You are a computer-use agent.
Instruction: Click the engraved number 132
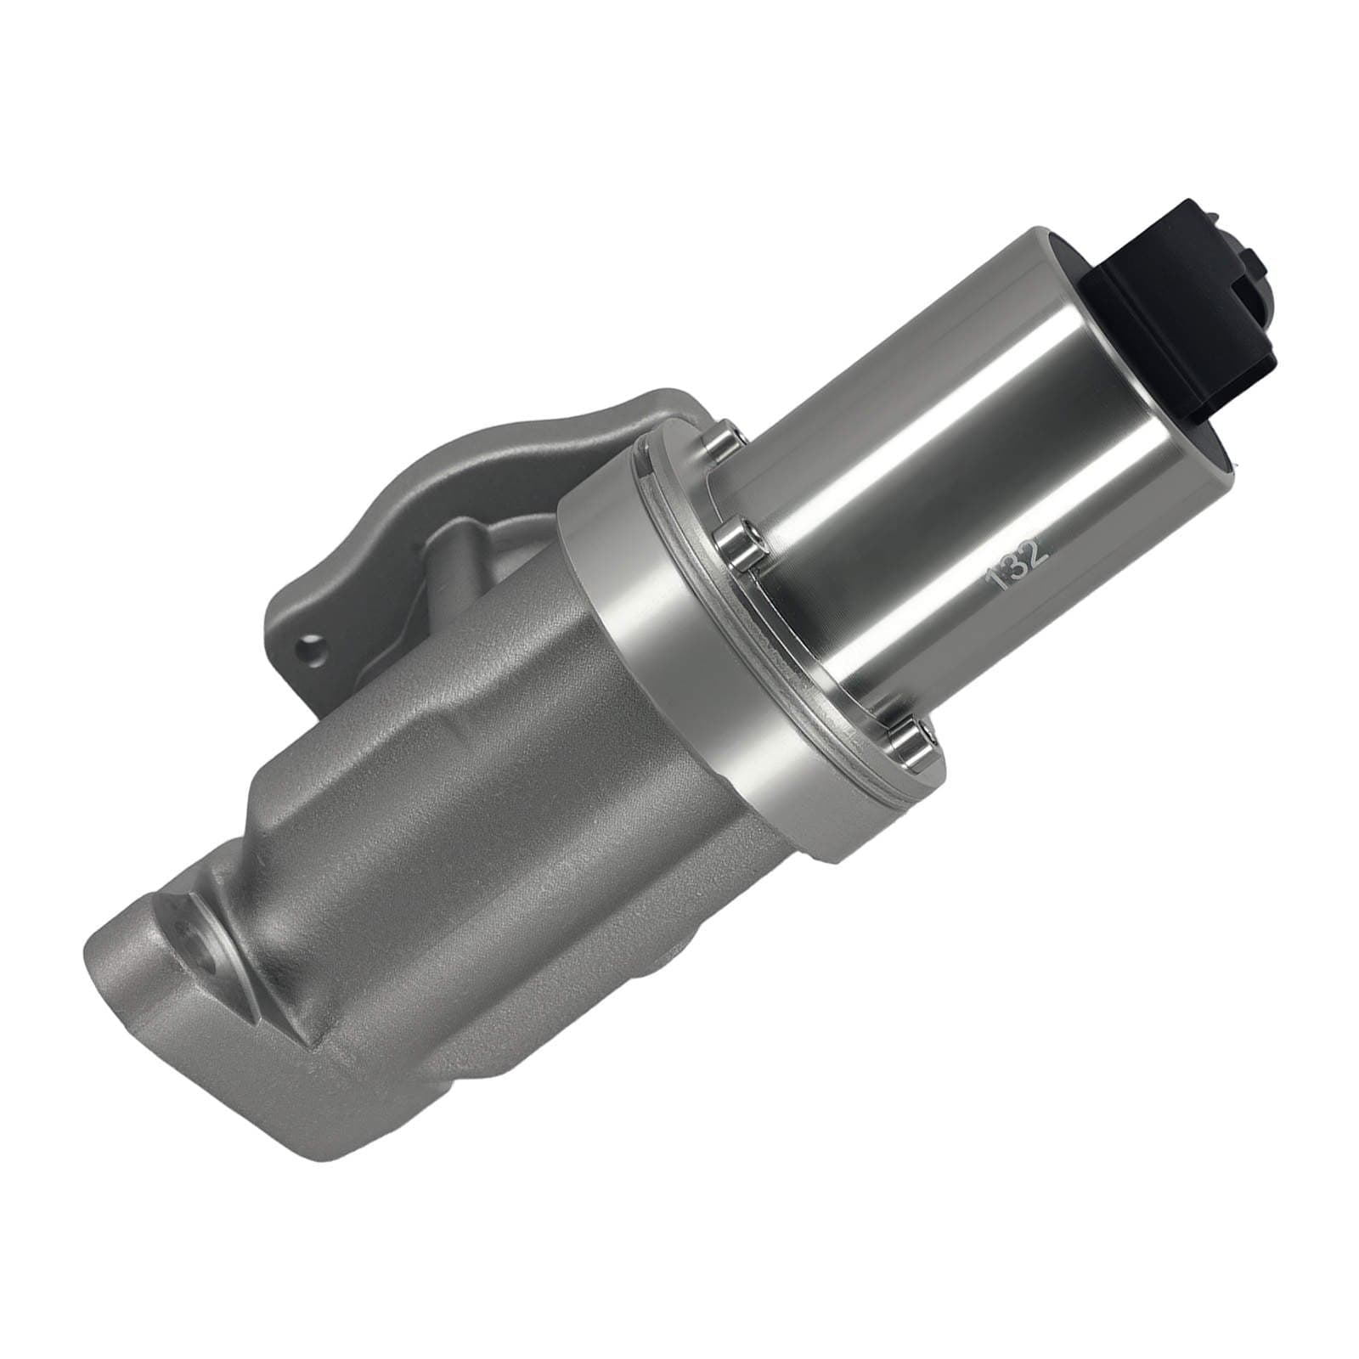(x=1018, y=564)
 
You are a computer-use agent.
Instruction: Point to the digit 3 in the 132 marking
(x=1018, y=565)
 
